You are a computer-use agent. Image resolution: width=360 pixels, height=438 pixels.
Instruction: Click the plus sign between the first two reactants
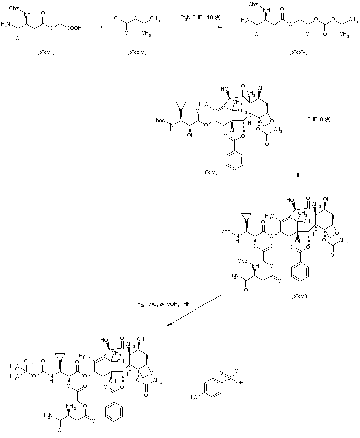coord(101,27)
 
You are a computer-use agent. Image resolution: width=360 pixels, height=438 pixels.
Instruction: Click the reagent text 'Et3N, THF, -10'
coord(200,18)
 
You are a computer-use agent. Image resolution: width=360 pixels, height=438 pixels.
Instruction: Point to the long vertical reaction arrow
coord(298,123)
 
